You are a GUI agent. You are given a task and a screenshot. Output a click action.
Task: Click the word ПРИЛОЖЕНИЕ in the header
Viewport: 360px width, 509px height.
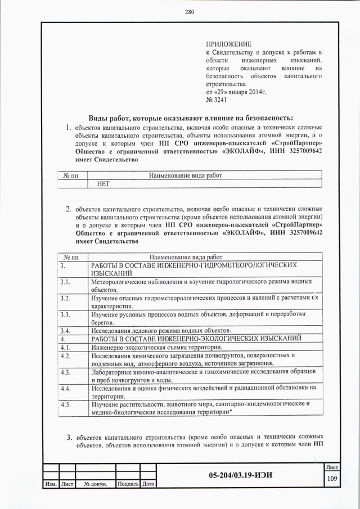[228, 43]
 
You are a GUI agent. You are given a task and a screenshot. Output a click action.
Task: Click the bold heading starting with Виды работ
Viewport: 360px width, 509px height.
[191, 118]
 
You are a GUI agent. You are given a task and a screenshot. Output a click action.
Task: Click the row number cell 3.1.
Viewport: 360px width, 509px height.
[65, 282]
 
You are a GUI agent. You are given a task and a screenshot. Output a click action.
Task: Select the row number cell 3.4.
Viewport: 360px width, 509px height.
[65, 330]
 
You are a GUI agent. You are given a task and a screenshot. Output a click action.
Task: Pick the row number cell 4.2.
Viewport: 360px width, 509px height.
[65, 356]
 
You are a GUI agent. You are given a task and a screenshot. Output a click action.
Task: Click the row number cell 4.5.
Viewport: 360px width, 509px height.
[65, 404]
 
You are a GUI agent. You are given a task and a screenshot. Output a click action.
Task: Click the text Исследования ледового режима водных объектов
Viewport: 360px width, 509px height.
[160, 330]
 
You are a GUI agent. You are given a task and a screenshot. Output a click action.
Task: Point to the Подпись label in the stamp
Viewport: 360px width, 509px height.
[127, 484]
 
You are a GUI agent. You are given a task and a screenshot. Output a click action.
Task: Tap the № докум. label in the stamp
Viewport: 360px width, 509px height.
[96, 484]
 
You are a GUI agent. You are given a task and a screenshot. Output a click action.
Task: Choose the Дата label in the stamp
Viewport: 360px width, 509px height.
[148, 484]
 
